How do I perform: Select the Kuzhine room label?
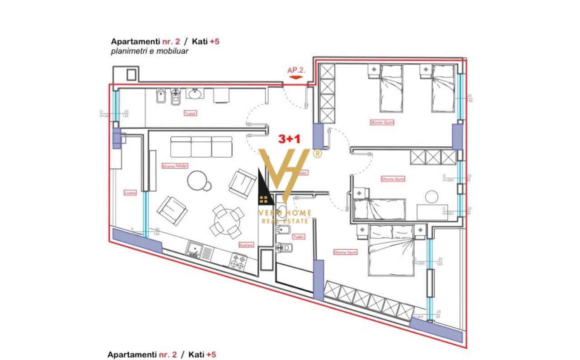(247, 244)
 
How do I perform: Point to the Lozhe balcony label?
(130, 193)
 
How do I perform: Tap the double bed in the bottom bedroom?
(391, 250)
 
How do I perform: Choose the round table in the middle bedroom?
(432, 197)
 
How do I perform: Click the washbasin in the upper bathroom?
(195, 94)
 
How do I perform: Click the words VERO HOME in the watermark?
(285, 213)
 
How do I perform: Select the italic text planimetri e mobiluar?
(150, 51)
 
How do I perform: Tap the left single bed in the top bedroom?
(391, 88)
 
